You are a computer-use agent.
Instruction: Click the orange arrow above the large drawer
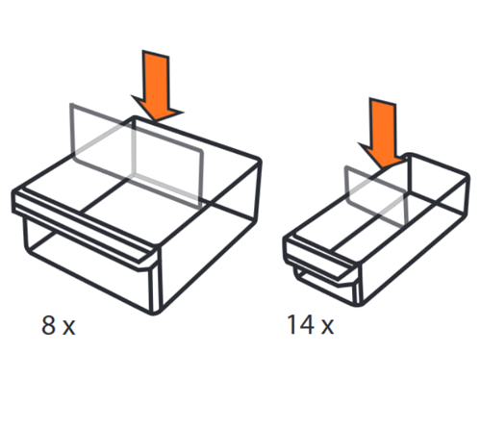[x=156, y=85]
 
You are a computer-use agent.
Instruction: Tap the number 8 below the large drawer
[x=49, y=325]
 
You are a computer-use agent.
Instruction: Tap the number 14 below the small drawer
[x=301, y=324]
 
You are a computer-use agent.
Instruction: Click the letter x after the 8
[x=68, y=328]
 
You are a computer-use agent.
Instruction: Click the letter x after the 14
[x=327, y=327]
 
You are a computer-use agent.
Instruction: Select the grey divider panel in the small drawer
[x=376, y=194]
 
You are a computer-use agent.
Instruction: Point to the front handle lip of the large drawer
[x=85, y=229]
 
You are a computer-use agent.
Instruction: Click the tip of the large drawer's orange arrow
[x=155, y=121]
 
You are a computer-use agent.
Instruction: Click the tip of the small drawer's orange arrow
[x=383, y=168]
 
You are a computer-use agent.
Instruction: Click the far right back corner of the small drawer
[x=467, y=176]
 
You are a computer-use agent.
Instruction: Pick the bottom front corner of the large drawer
[x=154, y=313]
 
